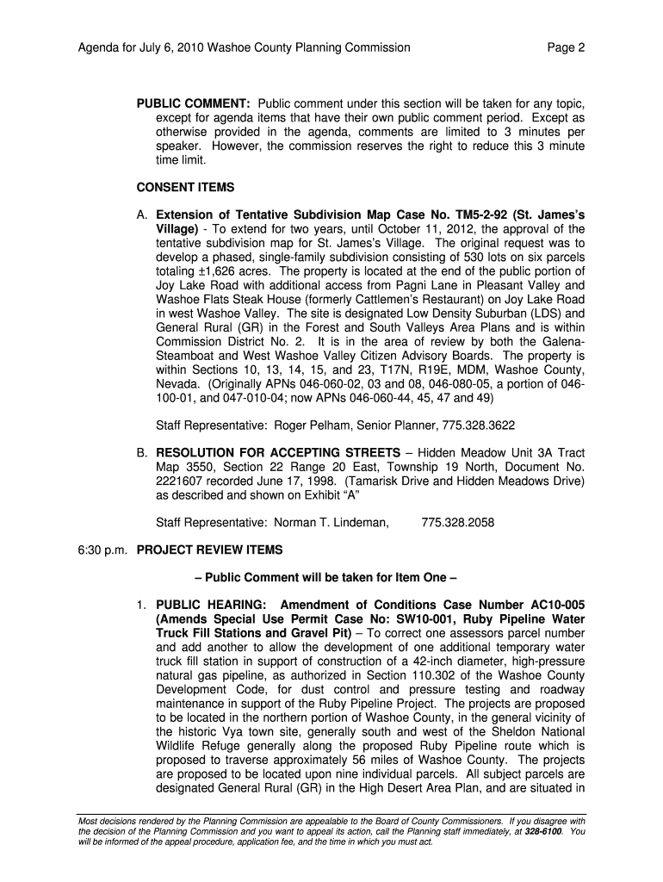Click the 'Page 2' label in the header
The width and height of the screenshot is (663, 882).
coord(566,48)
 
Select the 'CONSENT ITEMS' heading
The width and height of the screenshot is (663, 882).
coord(185,187)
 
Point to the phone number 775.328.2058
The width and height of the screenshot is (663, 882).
coord(458,522)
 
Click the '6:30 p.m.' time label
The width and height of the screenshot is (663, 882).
coord(101,550)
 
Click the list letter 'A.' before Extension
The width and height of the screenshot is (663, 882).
coord(144,214)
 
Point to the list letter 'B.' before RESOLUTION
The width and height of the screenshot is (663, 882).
coord(144,453)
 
